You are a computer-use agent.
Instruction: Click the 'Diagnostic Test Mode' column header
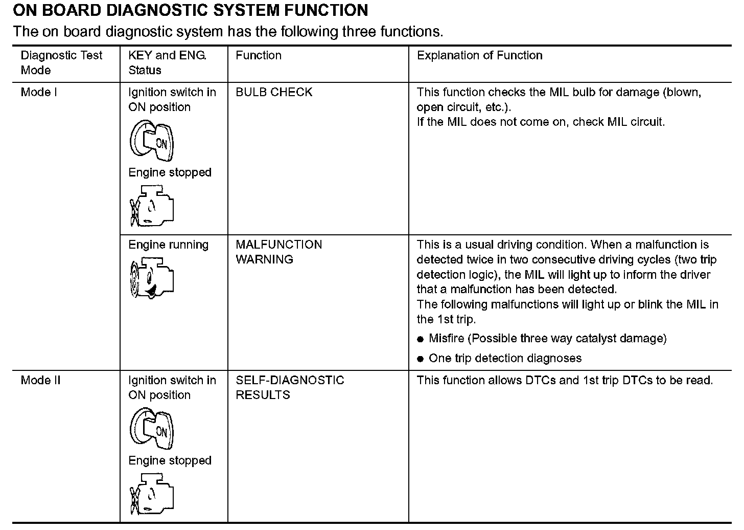(61, 62)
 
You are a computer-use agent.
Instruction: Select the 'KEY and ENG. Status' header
(167, 62)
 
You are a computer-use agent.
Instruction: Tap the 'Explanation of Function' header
(479, 55)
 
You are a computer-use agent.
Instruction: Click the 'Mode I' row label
(39, 92)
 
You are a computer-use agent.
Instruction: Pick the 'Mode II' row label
(40, 380)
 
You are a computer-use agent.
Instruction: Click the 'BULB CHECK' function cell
(274, 92)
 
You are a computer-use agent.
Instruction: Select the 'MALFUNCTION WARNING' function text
(278, 252)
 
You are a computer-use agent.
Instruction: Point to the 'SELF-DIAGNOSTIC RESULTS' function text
(290, 387)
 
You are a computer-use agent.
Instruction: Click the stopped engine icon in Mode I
(152, 206)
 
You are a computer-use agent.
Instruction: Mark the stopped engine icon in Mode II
(152, 494)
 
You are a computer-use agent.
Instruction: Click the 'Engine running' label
(168, 245)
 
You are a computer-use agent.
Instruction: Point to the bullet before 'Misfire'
(421, 339)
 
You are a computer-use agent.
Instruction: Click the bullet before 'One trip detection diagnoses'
(421, 359)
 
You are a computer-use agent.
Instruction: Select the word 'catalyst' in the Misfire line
(596, 338)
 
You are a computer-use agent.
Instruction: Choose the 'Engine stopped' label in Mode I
(170, 172)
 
